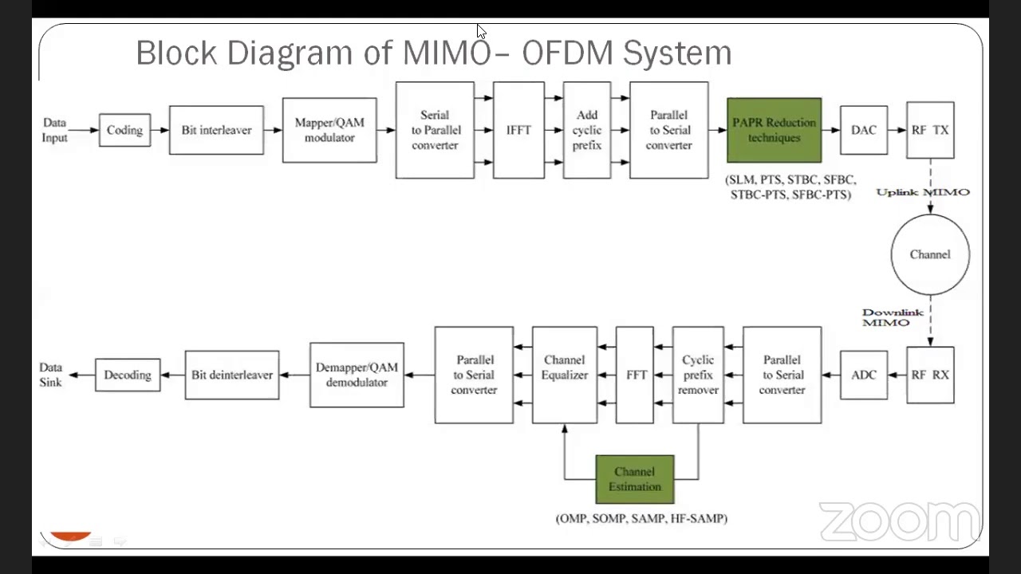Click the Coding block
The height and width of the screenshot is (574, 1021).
tap(124, 130)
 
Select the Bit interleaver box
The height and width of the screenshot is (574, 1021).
tap(216, 130)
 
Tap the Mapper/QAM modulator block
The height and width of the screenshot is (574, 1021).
tap(329, 130)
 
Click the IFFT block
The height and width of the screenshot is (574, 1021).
tap(518, 130)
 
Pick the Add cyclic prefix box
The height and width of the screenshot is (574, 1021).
tap(587, 130)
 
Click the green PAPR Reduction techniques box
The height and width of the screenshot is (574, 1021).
tap(774, 130)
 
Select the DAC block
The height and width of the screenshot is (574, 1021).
tap(863, 130)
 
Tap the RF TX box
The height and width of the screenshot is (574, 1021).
tap(930, 130)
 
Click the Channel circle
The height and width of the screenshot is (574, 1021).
tap(930, 254)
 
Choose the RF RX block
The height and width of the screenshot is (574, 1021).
tap(930, 375)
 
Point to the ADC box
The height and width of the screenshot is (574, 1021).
tap(863, 375)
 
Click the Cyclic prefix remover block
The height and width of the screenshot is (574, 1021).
tap(698, 375)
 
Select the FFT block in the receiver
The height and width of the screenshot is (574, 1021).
tap(635, 375)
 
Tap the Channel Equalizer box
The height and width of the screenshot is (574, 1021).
tap(565, 375)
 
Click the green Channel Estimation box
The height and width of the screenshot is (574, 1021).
tap(635, 479)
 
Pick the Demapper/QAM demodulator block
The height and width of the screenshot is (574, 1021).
tap(357, 375)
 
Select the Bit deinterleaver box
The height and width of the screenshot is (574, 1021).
tap(232, 375)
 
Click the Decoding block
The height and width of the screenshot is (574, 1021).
tap(128, 375)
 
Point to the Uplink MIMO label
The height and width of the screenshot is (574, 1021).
tap(923, 192)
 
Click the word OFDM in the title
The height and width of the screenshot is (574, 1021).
tap(567, 53)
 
